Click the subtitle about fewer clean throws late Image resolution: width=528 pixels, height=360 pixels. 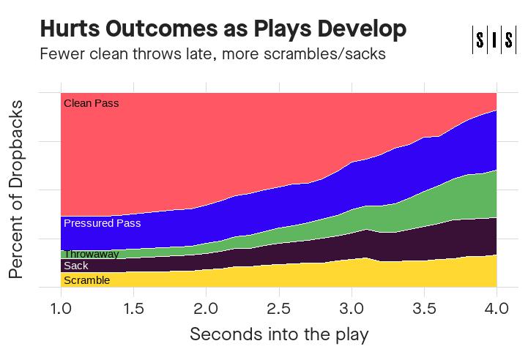click(x=212, y=54)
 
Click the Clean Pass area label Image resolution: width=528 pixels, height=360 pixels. click(x=91, y=103)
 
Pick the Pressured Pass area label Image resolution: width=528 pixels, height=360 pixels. click(x=102, y=223)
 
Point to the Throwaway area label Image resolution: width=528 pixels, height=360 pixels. click(x=91, y=254)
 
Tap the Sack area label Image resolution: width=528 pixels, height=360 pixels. click(x=75, y=266)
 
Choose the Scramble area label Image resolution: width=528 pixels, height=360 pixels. click(x=86, y=280)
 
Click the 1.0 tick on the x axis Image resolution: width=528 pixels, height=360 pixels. click(x=61, y=309)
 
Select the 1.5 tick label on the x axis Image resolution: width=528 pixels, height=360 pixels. click(x=133, y=309)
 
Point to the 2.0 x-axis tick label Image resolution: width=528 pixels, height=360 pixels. click(x=206, y=309)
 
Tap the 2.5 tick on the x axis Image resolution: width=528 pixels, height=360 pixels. click(x=278, y=309)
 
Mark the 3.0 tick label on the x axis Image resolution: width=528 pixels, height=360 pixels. click(x=352, y=309)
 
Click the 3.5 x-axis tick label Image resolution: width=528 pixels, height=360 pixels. click(x=424, y=309)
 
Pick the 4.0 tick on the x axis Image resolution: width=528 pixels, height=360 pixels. click(x=497, y=309)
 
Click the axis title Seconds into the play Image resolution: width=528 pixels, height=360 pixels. click(x=278, y=334)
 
